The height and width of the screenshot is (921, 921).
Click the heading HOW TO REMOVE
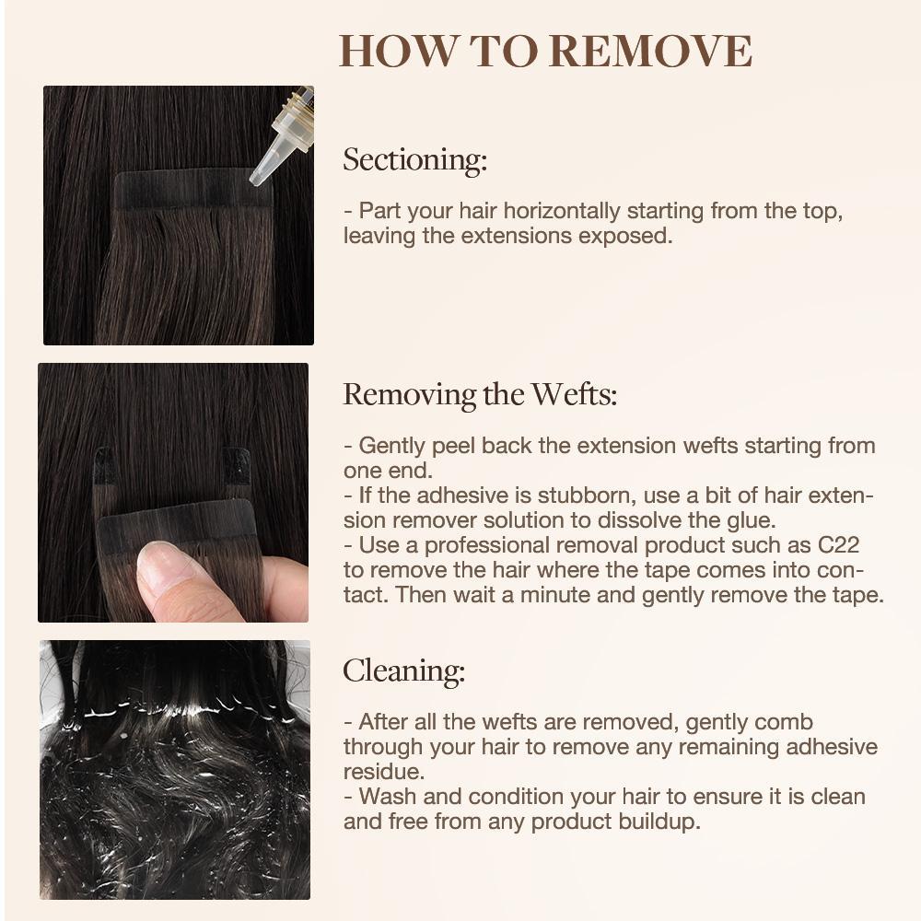coord(545,51)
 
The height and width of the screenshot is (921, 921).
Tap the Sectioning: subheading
coord(414,159)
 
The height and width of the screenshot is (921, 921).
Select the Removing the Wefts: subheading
coord(480,394)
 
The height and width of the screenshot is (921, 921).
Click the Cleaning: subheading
coord(403,670)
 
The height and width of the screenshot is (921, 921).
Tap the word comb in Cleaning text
coord(788,722)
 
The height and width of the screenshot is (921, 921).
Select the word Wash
coord(383,796)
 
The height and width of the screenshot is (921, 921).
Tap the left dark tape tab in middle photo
coord(105,466)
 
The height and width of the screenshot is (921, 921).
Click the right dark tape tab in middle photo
coord(237,466)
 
